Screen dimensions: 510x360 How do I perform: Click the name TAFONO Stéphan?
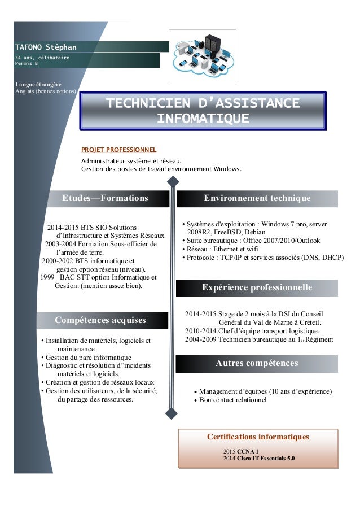[46, 46]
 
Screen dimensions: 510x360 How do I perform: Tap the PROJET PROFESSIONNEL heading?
[118, 150]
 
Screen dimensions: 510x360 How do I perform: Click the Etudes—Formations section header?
[105, 198]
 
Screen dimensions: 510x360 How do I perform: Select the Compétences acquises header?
[100, 320]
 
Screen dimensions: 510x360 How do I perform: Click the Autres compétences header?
[257, 363]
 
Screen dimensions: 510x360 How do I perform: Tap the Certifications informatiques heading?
[258, 437]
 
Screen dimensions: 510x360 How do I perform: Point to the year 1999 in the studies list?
[47, 277]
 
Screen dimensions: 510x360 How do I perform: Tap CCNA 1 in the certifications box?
[248, 452]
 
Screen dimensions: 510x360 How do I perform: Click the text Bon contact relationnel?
[232, 400]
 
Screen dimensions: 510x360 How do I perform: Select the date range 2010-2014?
[200, 331]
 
